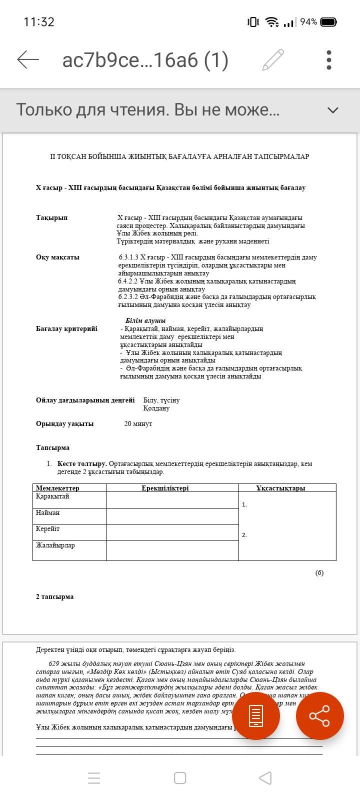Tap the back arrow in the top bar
(28, 59)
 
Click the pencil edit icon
(273, 60)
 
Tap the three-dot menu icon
(328, 60)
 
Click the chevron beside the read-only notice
(332, 110)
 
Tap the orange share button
(319, 716)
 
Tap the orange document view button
(255, 716)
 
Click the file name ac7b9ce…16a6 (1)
(145, 60)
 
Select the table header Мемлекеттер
(57, 488)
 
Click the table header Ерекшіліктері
(165, 488)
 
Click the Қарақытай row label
(52, 496)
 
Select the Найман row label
(47, 512)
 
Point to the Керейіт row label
(47, 528)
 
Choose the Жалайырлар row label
(55, 545)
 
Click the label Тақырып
(51, 217)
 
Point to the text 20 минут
(138, 423)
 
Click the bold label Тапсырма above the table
(52, 447)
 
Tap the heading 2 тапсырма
(54, 596)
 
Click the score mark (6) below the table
(319, 572)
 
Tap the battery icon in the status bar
(328, 22)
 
